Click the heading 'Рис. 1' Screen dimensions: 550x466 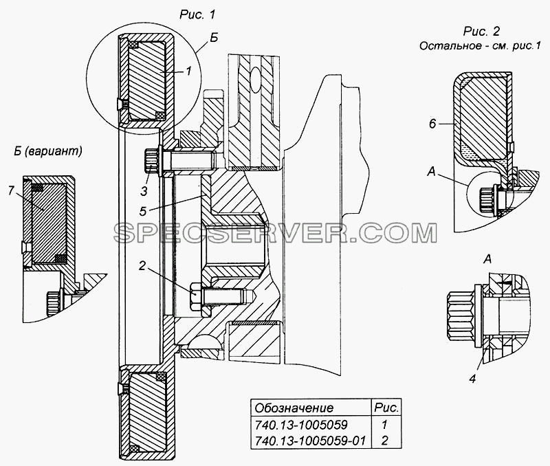coord(197,14)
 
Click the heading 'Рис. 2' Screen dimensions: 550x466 coord(481,31)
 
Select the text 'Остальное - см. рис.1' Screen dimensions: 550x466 coord(479,46)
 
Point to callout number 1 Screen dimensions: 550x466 coord(188,71)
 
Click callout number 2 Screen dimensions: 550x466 coord(142,266)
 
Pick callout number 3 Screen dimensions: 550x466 coord(144,192)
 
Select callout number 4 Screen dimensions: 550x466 coord(472,378)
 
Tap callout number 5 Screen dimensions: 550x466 coord(142,211)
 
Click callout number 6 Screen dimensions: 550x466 coord(432,124)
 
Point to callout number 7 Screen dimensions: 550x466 coord(11,191)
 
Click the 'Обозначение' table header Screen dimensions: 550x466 coord(294,408)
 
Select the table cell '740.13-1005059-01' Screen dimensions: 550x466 coord(310,440)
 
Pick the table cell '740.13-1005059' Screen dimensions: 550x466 coord(301,425)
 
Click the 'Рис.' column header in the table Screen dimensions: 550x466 coord(386,408)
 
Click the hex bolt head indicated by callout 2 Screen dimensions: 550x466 coord(196,297)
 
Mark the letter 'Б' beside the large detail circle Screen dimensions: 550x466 coord(214,38)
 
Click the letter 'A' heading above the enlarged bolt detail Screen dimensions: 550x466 coord(487,260)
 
